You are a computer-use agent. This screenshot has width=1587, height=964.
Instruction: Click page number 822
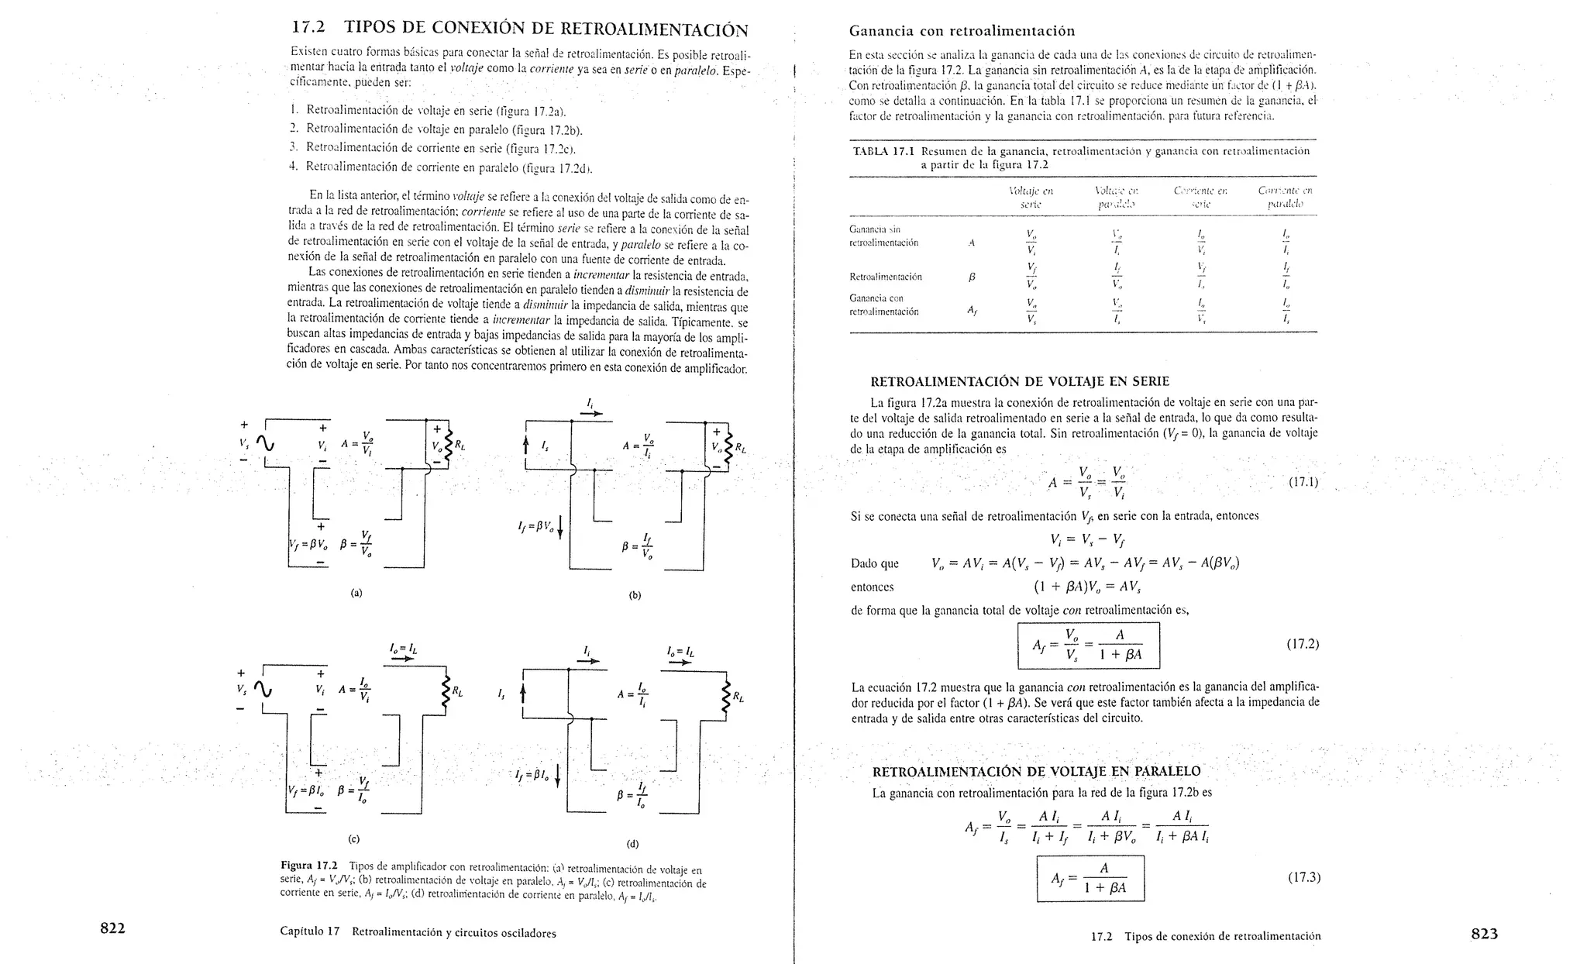pyautogui.click(x=112, y=928)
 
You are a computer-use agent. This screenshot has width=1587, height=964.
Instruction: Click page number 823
pyautogui.click(x=1484, y=934)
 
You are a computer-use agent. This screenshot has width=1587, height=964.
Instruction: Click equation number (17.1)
pyautogui.click(x=1303, y=482)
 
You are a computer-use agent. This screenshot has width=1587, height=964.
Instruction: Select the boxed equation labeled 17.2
pyautogui.click(x=1088, y=645)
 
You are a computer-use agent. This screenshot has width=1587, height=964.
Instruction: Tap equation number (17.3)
pyautogui.click(x=1303, y=877)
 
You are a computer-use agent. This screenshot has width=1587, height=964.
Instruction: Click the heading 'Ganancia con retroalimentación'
pyautogui.click(x=962, y=31)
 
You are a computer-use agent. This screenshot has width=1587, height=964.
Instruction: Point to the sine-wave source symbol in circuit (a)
pyautogui.click(x=264, y=444)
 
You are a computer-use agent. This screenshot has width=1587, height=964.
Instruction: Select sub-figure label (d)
pyautogui.click(x=633, y=844)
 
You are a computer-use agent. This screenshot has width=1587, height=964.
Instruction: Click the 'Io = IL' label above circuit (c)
pyautogui.click(x=403, y=649)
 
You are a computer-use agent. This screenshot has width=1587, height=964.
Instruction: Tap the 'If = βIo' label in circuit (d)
pyautogui.click(x=532, y=775)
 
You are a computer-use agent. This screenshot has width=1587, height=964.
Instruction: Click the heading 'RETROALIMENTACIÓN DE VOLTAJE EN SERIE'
pyautogui.click(x=1020, y=381)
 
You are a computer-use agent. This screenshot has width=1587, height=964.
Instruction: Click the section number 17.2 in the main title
pyautogui.click(x=308, y=28)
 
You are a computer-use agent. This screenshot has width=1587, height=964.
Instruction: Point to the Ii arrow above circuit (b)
pyautogui.click(x=590, y=408)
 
